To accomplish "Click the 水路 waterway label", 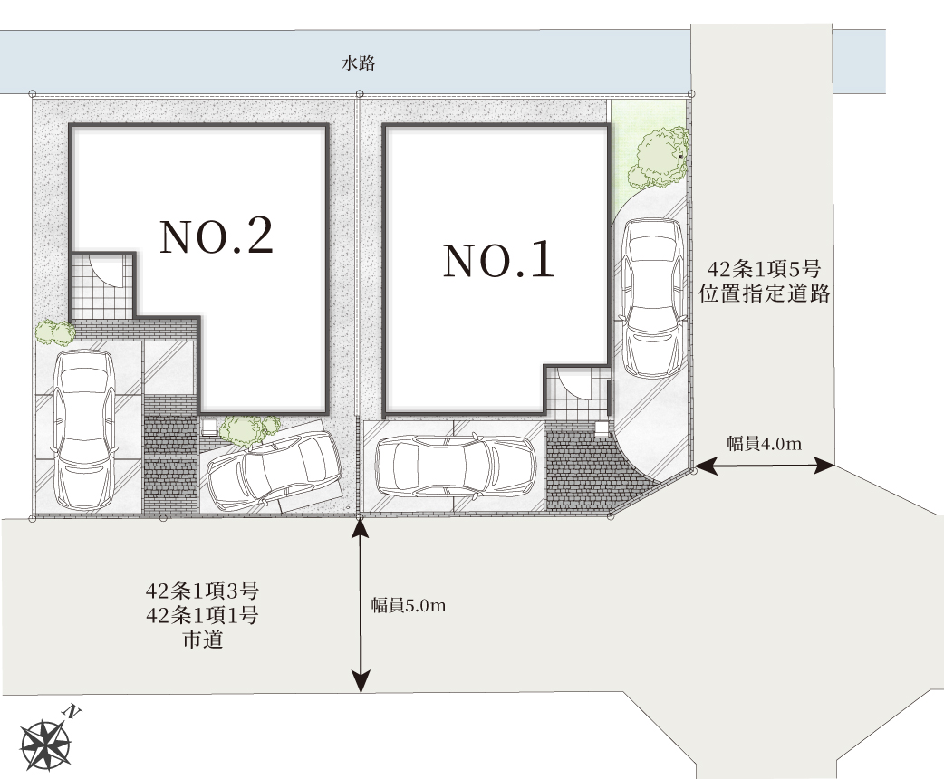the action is pyautogui.click(x=358, y=63).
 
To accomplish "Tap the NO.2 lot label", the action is pyautogui.click(x=217, y=236).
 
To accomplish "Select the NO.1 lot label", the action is pyautogui.click(x=498, y=260).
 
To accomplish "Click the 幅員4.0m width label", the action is pyautogui.click(x=764, y=444).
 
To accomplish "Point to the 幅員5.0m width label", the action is pyautogui.click(x=409, y=605).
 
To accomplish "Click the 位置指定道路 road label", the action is pyautogui.click(x=765, y=293).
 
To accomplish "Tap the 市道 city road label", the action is pyautogui.click(x=203, y=640).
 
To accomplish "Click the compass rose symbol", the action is pyautogui.click(x=44, y=745).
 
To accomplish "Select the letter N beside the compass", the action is pyautogui.click(x=72, y=712).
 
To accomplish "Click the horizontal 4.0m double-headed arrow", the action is pyautogui.click(x=764, y=466).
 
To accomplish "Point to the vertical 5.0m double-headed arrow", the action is pyautogui.click(x=360, y=605).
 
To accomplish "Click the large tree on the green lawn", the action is pyautogui.click(x=658, y=159).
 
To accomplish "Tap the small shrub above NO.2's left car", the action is pyautogui.click(x=54, y=332).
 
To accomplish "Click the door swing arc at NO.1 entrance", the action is pyautogui.click(x=575, y=383).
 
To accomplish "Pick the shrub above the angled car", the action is pyautogui.click(x=248, y=430).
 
